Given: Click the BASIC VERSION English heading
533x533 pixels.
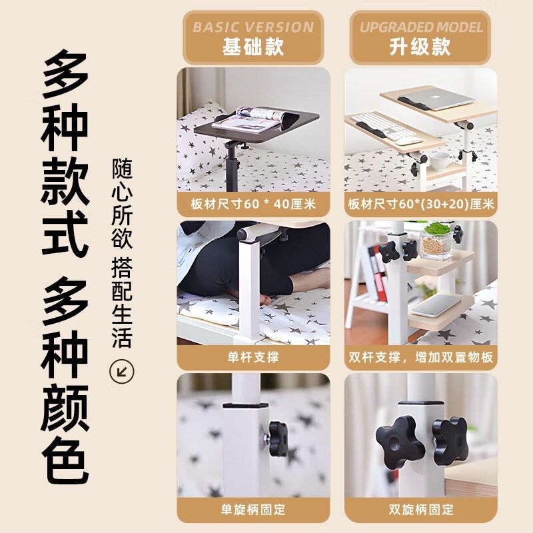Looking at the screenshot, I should coord(253,27).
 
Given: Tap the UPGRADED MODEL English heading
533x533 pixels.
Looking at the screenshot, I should coord(420,27).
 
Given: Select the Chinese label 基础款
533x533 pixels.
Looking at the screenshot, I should coord(253,47).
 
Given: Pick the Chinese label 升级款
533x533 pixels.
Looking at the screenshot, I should coord(420,47).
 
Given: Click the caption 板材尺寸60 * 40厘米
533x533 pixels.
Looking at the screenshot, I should coord(253,205).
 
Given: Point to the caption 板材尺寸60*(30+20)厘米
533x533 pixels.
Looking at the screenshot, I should coord(420,205).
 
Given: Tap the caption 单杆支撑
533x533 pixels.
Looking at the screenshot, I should coord(253,357).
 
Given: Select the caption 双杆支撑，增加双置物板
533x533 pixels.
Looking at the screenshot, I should coord(420,357).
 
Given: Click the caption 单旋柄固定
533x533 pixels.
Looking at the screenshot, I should coord(253,510).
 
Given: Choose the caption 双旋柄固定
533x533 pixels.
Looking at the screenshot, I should coord(420,510).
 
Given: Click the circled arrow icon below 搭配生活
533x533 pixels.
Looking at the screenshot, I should coord(121,370).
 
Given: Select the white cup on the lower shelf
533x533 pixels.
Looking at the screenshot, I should coord(439,160).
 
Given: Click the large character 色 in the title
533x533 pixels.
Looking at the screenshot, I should coord(65,459).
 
